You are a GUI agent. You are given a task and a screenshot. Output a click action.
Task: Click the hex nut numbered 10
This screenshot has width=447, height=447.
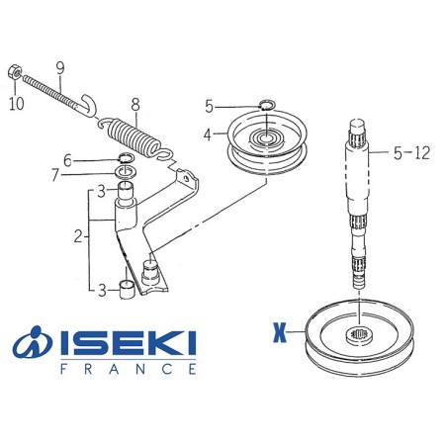[15, 72]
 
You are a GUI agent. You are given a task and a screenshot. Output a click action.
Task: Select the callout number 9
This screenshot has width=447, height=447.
[60, 68]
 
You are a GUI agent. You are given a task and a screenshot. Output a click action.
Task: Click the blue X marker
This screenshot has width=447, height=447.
[279, 332]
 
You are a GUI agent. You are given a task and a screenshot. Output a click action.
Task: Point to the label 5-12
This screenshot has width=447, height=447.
[411, 153]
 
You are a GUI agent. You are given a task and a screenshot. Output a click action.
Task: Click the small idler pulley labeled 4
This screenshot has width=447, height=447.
[267, 141]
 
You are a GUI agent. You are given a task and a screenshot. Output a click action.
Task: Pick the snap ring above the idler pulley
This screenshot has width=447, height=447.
[266, 105]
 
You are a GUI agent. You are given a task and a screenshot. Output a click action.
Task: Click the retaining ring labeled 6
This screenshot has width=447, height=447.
[126, 157]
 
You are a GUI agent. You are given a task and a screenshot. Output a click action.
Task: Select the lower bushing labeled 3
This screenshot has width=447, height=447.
[128, 289]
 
